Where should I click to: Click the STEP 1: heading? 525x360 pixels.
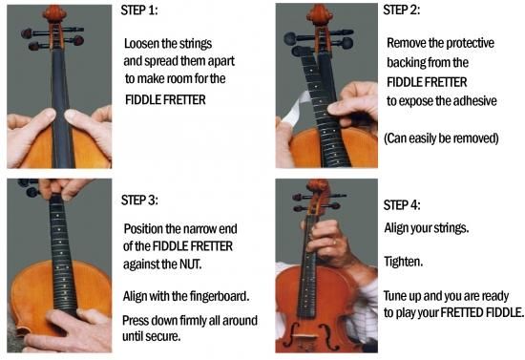[139, 11]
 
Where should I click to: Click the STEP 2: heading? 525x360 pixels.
[402, 11]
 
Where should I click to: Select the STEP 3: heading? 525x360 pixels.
[139, 200]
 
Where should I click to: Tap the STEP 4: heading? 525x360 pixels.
[402, 205]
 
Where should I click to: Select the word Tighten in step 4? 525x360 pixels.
[403, 262]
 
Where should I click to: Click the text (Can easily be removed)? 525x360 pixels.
[441, 138]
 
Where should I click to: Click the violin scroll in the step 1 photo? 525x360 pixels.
[53, 12]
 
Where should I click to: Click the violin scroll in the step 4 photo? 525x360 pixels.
[318, 187]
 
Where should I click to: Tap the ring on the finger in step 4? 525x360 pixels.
[334, 242]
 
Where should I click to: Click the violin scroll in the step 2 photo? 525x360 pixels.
[320, 13]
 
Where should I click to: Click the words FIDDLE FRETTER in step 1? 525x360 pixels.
[165, 100]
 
